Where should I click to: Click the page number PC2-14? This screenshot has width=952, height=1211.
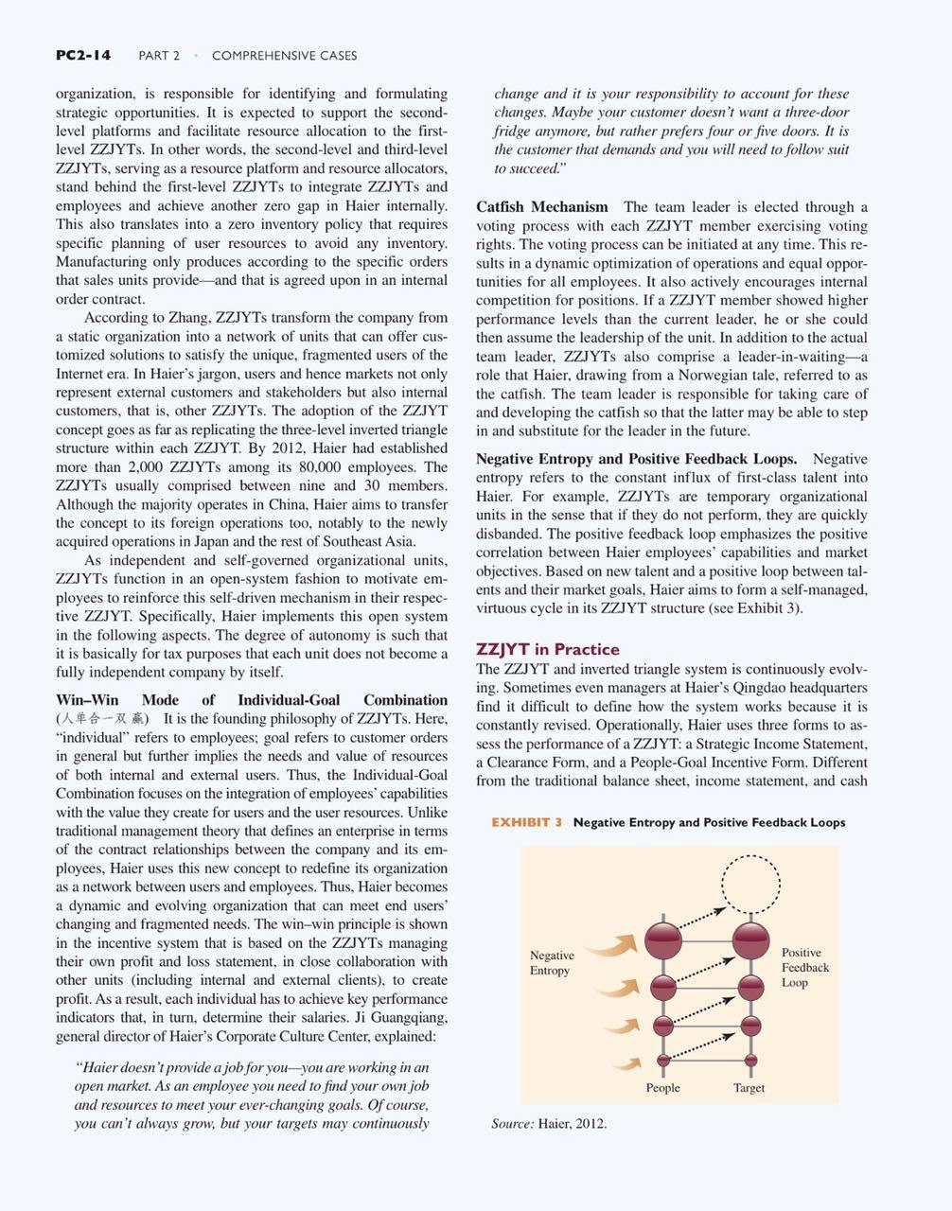pyautogui.click(x=82, y=55)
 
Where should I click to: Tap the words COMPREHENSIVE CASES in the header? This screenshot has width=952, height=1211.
pyautogui.click(x=284, y=56)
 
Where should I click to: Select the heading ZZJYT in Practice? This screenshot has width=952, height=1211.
pyautogui.click(x=548, y=649)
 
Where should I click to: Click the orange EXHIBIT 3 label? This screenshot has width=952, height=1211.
pyautogui.click(x=526, y=822)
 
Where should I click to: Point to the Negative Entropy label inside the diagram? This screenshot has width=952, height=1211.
pyautogui.click(x=552, y=963)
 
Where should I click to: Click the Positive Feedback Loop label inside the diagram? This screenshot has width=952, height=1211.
pyautogui.click(x=804, y=967)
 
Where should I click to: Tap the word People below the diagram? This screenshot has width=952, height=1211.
pyautogui.click(x=662, y=1088)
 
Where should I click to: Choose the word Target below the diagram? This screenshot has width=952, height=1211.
pyautogui.click(x=749, y=1088)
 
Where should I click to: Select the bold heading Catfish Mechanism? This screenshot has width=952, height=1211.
pyautogui.click(x=542, y=206)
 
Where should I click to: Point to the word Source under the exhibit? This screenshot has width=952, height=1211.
pyautogui.click(x=511, y=1124)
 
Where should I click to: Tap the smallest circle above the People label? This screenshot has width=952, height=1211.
pyautogui.click(x=662, y=1059)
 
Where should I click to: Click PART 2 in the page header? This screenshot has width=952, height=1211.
pyautogui.click(x=159, y=56)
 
